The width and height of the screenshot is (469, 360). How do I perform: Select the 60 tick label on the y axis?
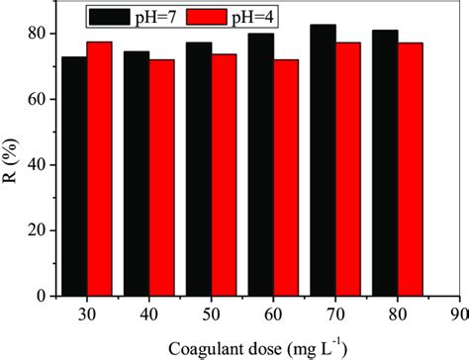pyautogui.click(x=36, y=99)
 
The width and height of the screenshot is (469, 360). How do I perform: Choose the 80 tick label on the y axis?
pyautogui.click(x=36, y=34)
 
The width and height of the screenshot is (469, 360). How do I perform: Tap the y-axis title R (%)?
pyautogui.click(x=12, y=163)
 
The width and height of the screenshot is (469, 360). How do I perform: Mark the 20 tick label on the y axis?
pyautogui.click(x=36, y=230)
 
